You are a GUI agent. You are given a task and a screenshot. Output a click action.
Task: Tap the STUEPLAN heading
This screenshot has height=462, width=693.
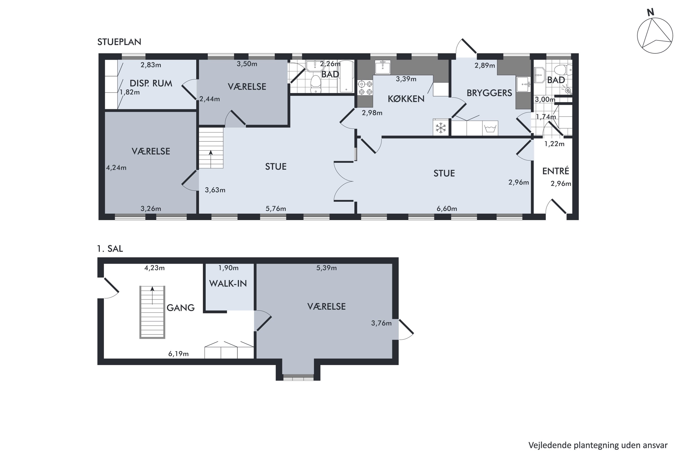[119, 42]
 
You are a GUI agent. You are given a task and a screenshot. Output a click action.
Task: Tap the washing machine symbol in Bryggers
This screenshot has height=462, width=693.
[490, 128]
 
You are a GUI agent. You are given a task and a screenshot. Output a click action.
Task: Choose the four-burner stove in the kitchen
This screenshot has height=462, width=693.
[365, 88]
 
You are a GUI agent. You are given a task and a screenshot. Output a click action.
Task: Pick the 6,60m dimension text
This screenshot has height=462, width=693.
[447, 209]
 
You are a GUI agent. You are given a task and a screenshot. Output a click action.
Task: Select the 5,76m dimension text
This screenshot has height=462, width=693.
[276, 209]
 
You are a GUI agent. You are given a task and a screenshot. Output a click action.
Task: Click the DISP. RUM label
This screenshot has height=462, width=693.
[151, 83]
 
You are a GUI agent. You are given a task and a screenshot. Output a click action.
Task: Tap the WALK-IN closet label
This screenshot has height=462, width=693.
[228, 283]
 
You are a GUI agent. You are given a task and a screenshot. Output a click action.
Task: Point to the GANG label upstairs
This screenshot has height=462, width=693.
[181, 308]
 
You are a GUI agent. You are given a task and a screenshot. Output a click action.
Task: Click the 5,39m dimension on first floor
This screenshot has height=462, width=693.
[326, 268]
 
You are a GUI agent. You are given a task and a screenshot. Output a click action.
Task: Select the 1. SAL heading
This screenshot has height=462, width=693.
[110, 249]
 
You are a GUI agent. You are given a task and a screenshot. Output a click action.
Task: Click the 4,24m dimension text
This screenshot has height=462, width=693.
[116, 168]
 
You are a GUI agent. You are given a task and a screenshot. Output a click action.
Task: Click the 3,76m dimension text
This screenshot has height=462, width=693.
[381, 323]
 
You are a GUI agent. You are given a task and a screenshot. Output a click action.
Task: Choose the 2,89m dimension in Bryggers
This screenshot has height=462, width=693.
[485, 65]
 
